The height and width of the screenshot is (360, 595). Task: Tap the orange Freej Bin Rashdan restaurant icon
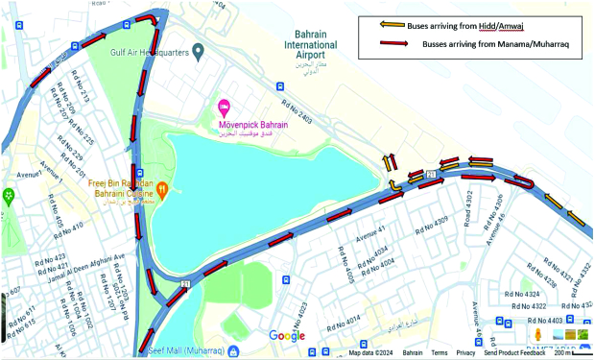click(163, 189)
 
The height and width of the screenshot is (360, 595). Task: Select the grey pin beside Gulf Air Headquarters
click(198, 50)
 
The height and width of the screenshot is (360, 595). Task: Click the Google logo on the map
click(286, 335)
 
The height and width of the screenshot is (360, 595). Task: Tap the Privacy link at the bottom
click(465, 353)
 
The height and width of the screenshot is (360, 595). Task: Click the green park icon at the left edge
click(9, 197)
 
